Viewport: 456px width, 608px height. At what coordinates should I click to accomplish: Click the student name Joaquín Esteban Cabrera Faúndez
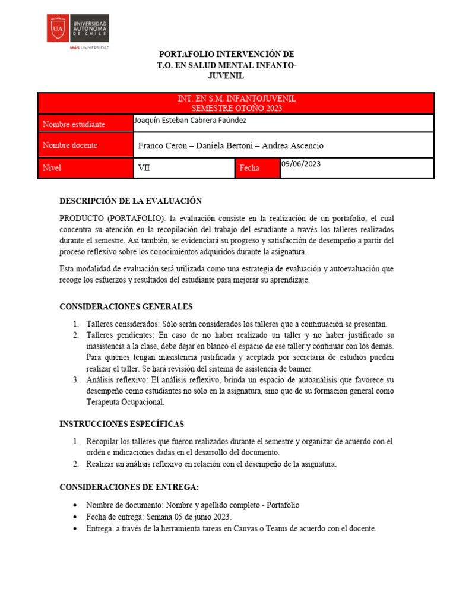point(190,121)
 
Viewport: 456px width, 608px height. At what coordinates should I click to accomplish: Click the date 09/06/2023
point(300,164)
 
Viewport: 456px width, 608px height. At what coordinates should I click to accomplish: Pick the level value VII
point(144,168)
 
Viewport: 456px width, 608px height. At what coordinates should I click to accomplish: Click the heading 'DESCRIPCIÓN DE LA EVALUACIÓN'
point(131,201)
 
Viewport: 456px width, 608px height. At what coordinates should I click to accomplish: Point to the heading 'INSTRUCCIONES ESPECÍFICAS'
point(122,424)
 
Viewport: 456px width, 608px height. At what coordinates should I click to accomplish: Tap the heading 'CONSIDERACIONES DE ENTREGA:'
point(129,487)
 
